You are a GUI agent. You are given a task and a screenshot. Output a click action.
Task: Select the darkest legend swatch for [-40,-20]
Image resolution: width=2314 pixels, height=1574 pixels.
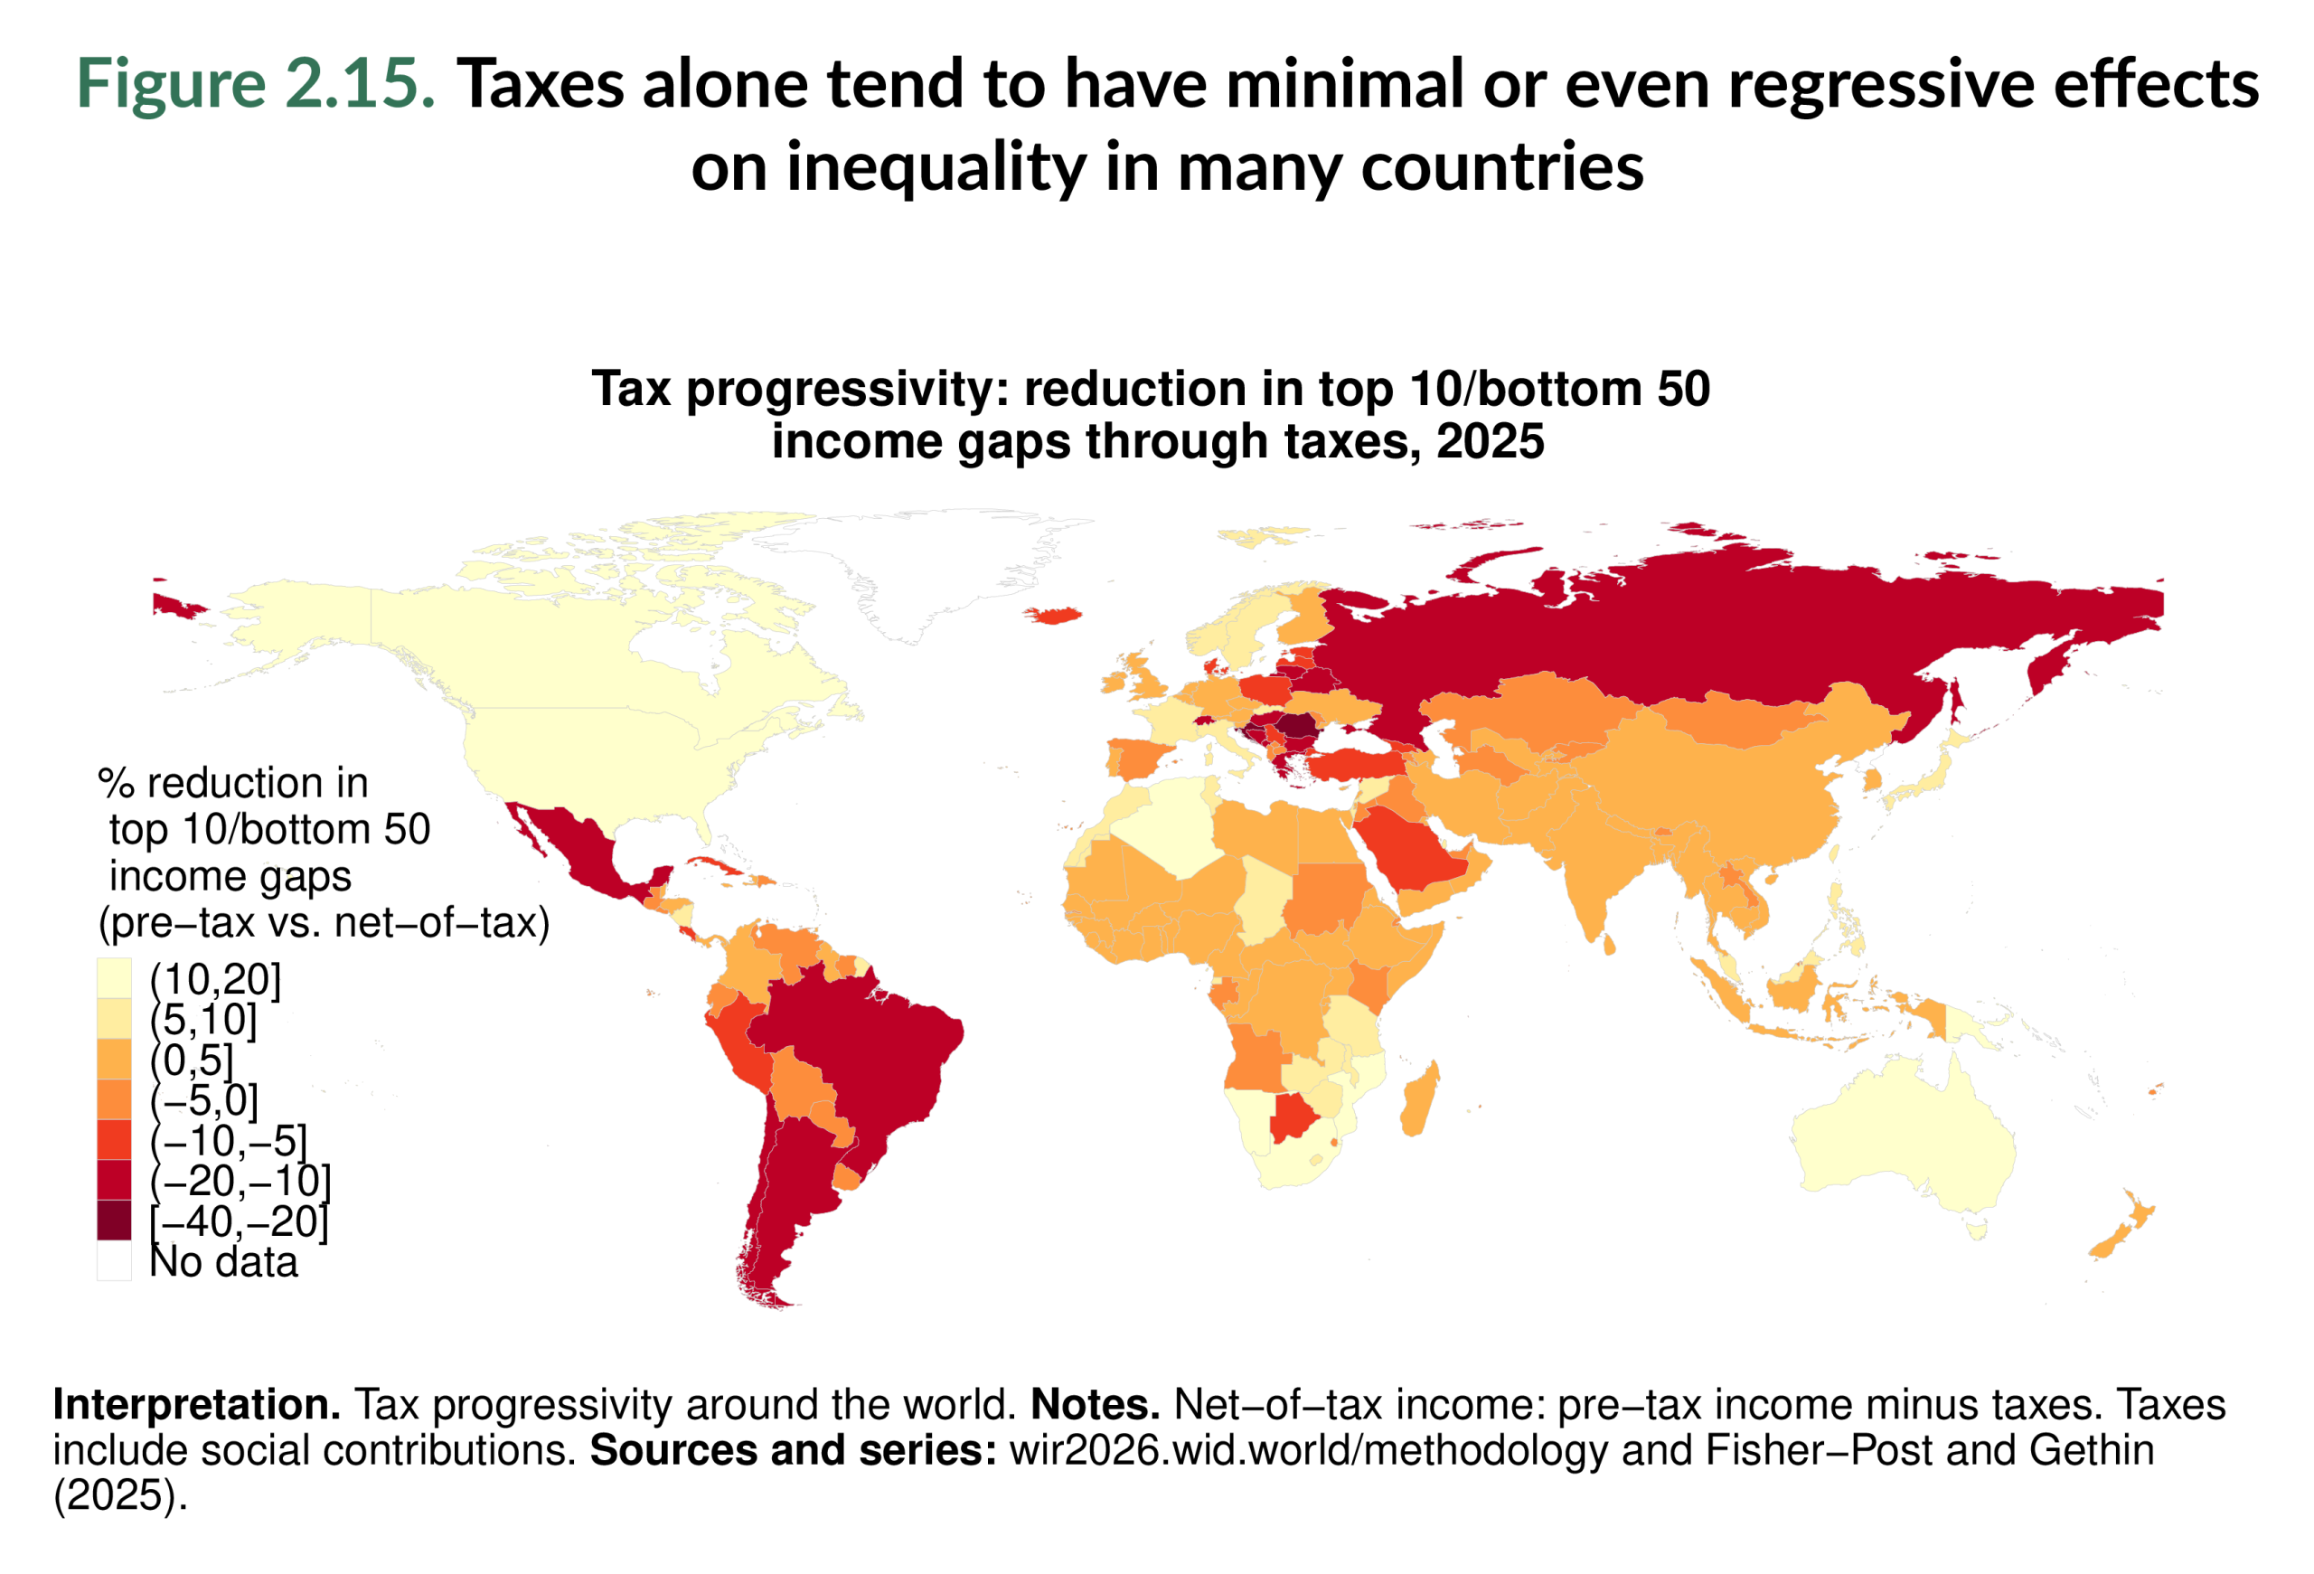click(x=114, y=1220)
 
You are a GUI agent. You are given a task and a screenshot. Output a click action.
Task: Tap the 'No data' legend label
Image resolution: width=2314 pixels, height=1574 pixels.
click(x=223, y=1261)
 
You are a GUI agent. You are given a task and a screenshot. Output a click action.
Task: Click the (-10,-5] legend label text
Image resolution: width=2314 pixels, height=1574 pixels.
click(x=229, y=1140)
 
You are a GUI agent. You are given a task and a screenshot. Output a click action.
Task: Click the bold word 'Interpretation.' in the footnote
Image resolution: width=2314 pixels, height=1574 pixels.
click(x=196, y=1405)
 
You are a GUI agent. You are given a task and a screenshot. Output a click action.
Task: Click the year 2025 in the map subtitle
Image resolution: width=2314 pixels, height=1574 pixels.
click(x=1490, y=441)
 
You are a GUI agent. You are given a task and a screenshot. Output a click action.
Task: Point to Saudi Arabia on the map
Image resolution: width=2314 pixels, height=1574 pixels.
click(x=1409, y=853)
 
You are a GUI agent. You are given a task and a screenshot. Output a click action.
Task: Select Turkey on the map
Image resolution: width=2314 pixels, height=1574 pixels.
click(x=1354, y=764)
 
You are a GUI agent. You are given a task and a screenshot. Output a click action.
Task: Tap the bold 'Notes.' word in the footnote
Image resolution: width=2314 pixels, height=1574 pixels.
click(x=1096, y=1405)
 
